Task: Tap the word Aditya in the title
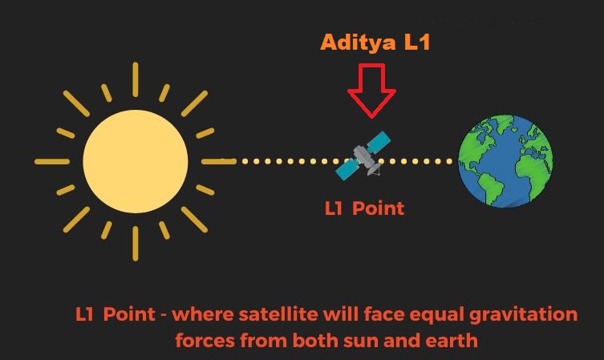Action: [358, 42]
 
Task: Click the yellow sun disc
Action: [136, 161]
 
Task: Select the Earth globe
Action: [506, 161]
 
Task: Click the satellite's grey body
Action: [362, 156]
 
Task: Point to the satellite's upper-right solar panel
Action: [379, 142]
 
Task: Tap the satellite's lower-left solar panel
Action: [347, 169]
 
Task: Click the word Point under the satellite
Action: [379, 208]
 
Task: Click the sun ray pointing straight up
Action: [136, 79]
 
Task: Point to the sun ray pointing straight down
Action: [136, 244]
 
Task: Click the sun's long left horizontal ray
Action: [52, 162]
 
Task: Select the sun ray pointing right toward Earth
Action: [219, 162]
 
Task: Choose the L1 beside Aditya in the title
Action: [417, 42]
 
